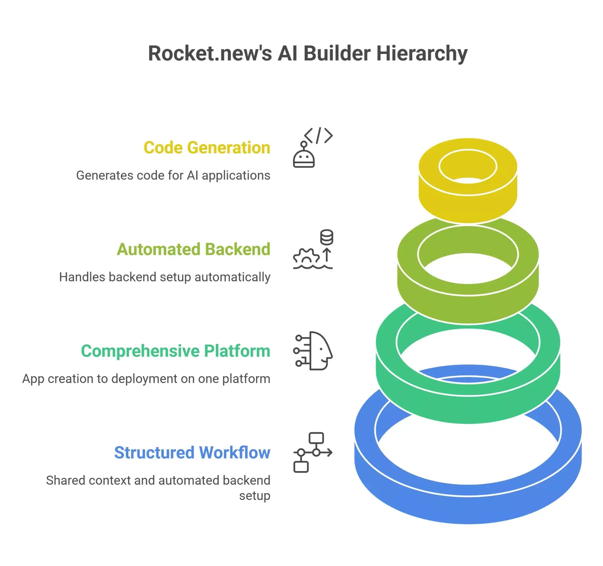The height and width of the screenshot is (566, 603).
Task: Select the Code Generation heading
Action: pos(207,148)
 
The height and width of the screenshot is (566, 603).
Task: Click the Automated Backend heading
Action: pos(193,250)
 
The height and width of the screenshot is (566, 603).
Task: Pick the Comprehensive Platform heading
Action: pos(175,351)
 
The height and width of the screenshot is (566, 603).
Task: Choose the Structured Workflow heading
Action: pos(192,453)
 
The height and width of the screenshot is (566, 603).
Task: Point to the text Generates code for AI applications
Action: pos(173,175)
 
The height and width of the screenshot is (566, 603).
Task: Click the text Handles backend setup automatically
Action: pos(164,277)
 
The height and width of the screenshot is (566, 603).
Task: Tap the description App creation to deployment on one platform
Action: pos(146,379)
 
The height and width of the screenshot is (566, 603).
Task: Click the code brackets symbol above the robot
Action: pos(318,135)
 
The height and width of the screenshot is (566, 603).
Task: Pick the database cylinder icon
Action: pos(327,237)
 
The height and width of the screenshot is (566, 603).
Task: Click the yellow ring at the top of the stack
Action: pos(468,200)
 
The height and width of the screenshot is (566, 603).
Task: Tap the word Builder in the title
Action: pos(337,53)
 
